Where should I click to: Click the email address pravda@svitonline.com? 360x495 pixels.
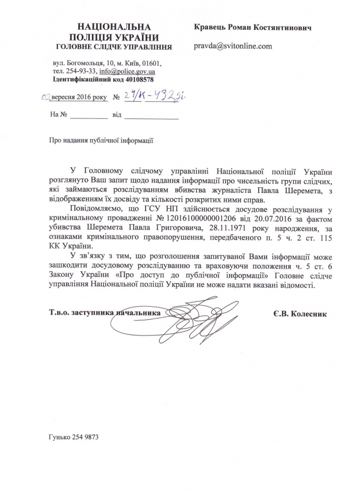(233, 46)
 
